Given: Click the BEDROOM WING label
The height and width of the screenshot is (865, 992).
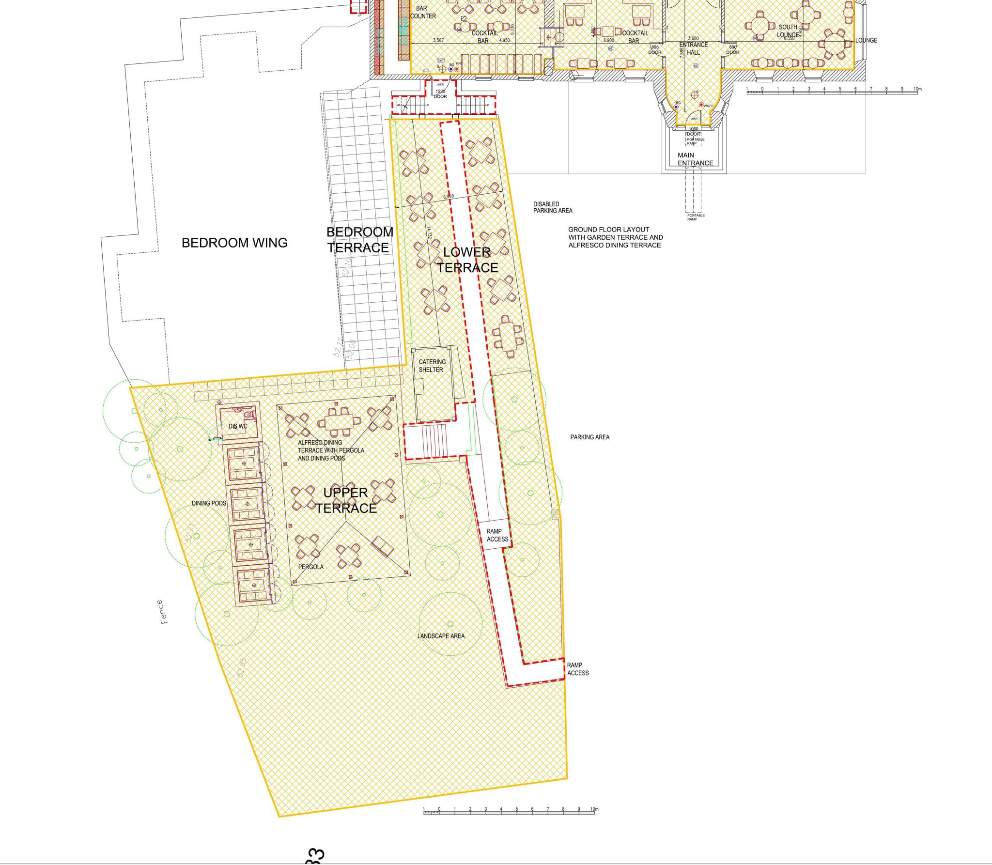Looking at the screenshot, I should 234,243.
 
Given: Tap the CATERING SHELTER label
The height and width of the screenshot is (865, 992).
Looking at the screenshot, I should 432,366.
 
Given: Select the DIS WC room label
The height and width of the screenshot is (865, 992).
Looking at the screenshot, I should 238,426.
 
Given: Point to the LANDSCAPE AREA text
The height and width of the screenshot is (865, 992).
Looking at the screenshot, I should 441,636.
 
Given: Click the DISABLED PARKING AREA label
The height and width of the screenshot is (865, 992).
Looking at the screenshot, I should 553,207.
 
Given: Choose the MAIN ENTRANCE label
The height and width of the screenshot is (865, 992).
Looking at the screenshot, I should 695,159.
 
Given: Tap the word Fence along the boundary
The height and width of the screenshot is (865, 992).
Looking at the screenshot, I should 163,612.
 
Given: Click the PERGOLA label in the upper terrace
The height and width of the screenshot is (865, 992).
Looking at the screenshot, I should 310,567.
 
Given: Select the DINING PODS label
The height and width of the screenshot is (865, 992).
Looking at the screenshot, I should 209,503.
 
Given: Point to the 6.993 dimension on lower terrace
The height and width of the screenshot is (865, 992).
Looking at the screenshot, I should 449,197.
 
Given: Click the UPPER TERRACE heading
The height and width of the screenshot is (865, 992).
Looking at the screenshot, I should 346,500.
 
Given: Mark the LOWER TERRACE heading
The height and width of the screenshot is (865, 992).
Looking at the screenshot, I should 467,260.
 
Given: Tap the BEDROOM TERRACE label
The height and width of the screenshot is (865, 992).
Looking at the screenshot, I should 359,240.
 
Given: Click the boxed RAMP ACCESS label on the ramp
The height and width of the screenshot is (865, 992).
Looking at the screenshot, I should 497,535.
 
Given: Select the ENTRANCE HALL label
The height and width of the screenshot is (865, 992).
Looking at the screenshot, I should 693,48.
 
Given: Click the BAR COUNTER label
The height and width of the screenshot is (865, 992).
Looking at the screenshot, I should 422,12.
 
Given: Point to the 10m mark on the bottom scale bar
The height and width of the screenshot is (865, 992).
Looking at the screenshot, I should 594,809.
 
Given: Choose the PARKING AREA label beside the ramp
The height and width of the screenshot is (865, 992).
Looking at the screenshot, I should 589,437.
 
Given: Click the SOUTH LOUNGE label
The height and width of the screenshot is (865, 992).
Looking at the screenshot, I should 788,31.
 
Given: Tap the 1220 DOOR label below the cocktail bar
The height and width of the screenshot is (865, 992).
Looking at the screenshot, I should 440,94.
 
